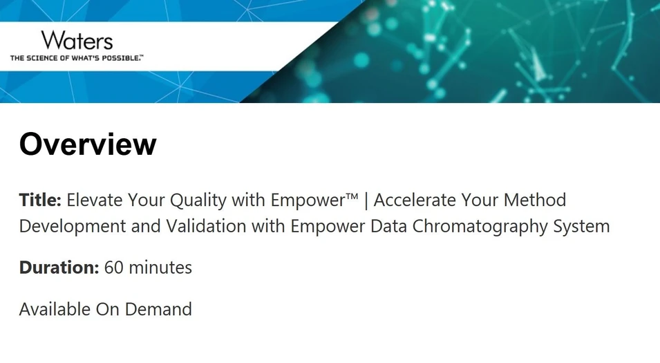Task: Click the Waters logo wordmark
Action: coord(76,41)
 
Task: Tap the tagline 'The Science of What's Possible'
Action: coord(76,58)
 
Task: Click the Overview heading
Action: coord(88,145)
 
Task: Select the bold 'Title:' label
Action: coord(40,201)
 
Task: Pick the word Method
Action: coord(538,201)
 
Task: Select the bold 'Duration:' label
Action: coord(59,268)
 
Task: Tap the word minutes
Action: coord(160,268)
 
